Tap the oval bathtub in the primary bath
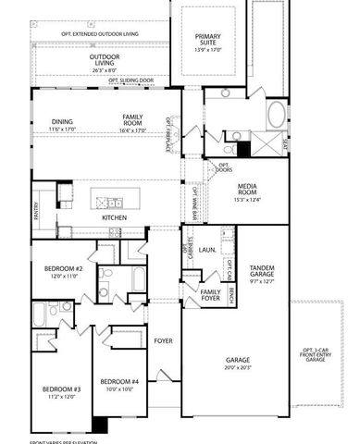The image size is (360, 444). (x=276, y=117)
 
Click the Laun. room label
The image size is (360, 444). (x=208, y=250)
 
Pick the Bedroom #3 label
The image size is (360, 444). (x=61, y=389)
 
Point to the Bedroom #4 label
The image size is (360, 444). (x=119, y=381)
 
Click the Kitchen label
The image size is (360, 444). (x=127, y=217)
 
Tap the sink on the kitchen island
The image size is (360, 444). (x=113, y=200)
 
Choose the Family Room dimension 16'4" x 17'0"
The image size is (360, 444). (x=134, y=129)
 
